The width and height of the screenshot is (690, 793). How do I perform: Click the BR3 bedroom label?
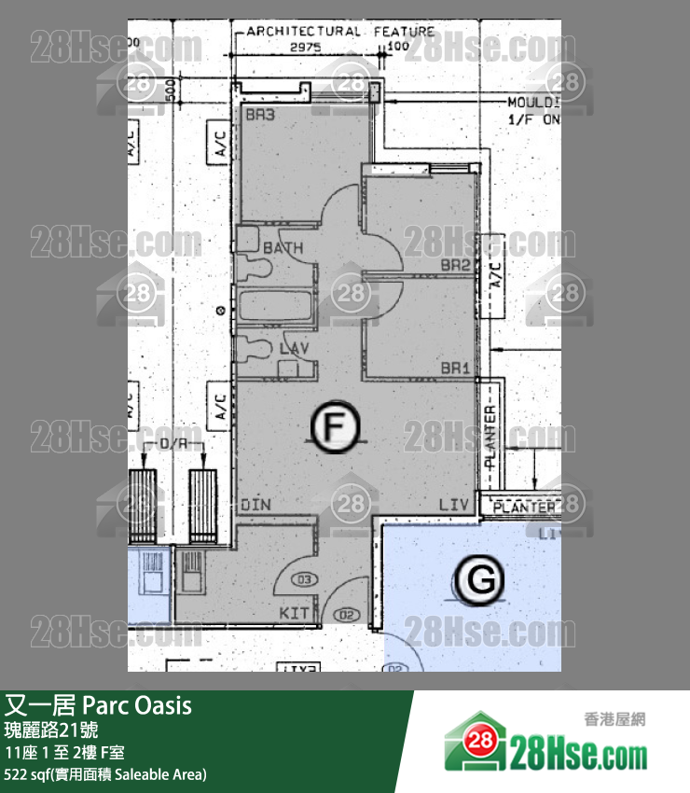[x=260, y=116]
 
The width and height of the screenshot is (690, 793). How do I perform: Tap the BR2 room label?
[x=454, y=266]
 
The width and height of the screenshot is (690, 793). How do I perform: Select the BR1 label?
[x=454, y=369]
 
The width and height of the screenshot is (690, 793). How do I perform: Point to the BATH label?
[x=283, y=249]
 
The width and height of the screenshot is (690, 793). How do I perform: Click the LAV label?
[x=294, y=348]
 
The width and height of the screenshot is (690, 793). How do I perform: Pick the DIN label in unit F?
[x=255, y=505]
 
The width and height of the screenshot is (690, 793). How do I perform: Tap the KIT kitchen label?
[x=295, y=613]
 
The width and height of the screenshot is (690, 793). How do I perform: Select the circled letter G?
[x=480, y=580]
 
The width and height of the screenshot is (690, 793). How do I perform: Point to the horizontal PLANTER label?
[x=524, y=508]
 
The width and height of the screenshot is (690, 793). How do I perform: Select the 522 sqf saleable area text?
[x=104, y=774]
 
